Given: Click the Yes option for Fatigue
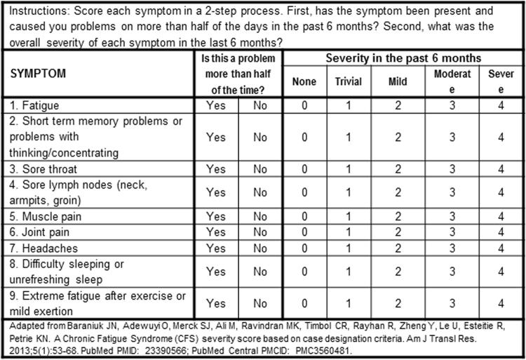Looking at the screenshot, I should [x=216, y=105].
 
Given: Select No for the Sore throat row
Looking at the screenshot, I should [x=260, y=169].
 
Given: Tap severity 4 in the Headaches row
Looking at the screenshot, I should [x=501, y=248].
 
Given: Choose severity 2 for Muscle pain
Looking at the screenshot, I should [x=397, y=216].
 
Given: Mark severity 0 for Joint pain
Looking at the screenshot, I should [x=304, y=232].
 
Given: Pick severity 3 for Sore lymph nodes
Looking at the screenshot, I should [x=452, y=192].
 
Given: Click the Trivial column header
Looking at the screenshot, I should [x=348, y=81].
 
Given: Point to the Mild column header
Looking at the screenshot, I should [x=397, y=81].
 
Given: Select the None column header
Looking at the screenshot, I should [x=304, y=81].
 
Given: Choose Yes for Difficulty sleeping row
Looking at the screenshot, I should [x=216, y=271].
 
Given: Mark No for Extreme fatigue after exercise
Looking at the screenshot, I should [x=260, y=303].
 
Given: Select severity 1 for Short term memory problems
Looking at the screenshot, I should [x=348, y=138].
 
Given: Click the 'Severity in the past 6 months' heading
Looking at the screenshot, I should [x=403, y=58].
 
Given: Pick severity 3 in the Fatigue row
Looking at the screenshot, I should [x=452, y=105].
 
